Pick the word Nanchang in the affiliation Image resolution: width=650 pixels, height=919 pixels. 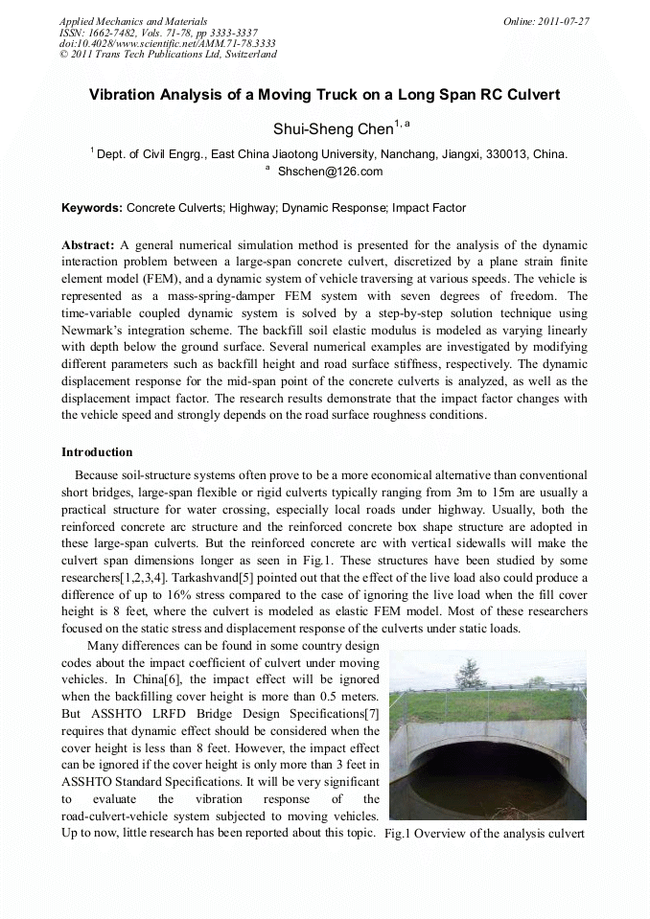pyautogui.click(x=408, y=153)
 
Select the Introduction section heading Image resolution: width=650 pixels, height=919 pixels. pyautogui.click(x=97, y=451)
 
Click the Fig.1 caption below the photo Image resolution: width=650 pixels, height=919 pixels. pyautogui.click(x=483, y=834)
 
